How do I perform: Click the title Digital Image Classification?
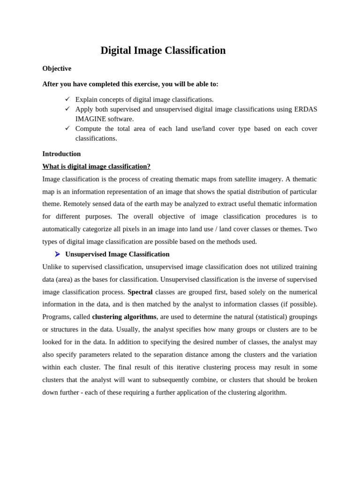tap(163, 51)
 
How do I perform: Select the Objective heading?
tap(57, 68)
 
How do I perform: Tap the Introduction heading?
tap(61, 154)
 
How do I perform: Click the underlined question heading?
tap(96, 166)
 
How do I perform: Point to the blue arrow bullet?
tap(57, 254)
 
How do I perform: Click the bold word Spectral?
tap(140, 292)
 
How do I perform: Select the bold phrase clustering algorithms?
tap(124, 317)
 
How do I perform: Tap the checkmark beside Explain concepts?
tap(67, 99)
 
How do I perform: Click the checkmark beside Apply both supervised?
tap(67, 109)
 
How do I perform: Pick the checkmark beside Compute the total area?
tap(67, 128)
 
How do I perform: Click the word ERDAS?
tap(306, 109)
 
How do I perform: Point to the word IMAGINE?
tap(90, 119)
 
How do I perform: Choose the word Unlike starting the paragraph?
tap(52, 267)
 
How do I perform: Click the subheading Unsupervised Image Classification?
tap(117, 254)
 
